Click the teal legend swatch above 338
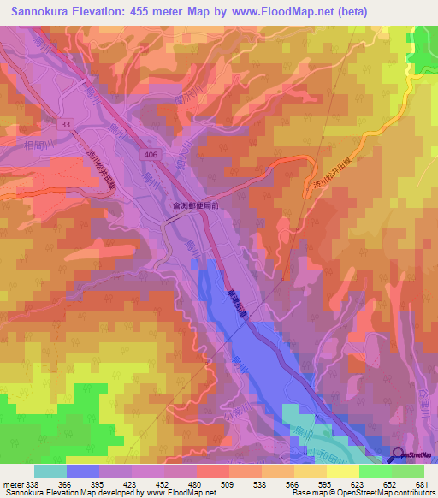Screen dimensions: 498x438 click(50, 471)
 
